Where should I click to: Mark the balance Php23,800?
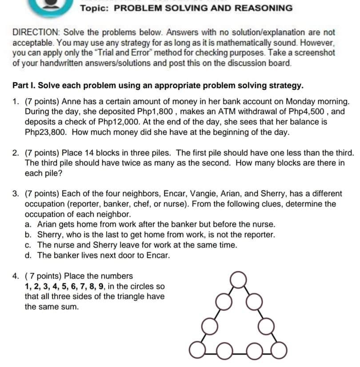(47, 132)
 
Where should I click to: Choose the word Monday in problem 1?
(303, 101)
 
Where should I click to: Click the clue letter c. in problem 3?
(28, 245)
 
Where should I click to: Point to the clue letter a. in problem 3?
(28, 225)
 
